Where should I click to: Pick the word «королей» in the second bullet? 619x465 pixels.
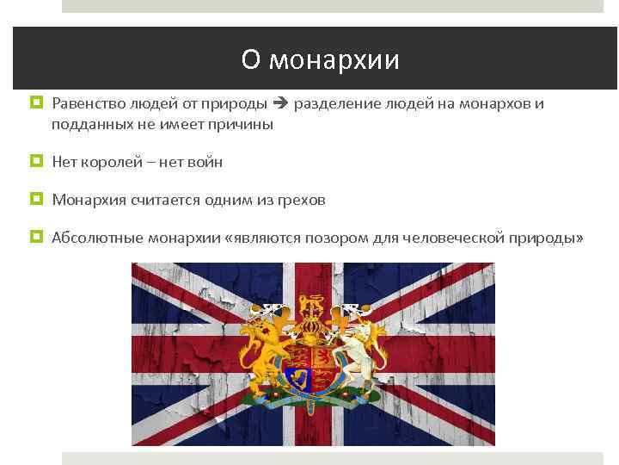tap(109, 162)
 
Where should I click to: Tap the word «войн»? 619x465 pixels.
tap(205, 162)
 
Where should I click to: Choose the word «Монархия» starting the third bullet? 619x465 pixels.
tap(89, 200)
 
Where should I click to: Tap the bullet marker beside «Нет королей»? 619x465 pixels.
tap(35, 161)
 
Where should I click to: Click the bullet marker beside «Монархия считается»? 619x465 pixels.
tap(35, 199)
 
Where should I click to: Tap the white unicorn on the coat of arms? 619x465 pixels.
tap(361, 353)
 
